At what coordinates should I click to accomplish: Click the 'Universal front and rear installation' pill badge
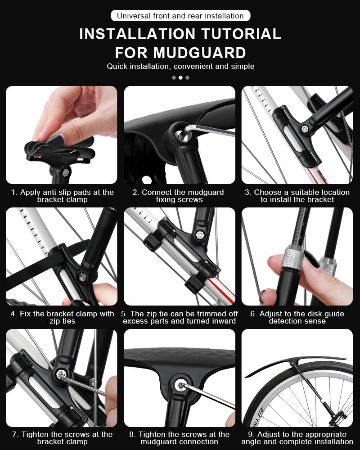click(x=180, y=16)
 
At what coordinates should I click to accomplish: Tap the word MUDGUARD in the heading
click(x=199, y=53)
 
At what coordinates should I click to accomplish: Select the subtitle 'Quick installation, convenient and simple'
click(x=180, y=67)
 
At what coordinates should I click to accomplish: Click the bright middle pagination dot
click(x=180, y=77)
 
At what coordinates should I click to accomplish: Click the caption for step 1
click(x=62, y=196)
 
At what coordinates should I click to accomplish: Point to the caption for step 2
click(x=180, y=196)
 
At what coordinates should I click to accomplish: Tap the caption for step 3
click(x=297, y=196)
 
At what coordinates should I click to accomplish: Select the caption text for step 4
click(x=62, y=317)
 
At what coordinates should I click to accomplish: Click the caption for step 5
click(x=180, y=317)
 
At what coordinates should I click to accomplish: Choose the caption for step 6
click(x=297, y=317)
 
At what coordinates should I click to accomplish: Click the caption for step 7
click(x=62, y=438)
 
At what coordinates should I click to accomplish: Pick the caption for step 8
click(x=180, y=438)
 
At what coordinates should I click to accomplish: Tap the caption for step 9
click(x=297, y=438)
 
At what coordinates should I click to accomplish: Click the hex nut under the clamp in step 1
click(x=65, y=172)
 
